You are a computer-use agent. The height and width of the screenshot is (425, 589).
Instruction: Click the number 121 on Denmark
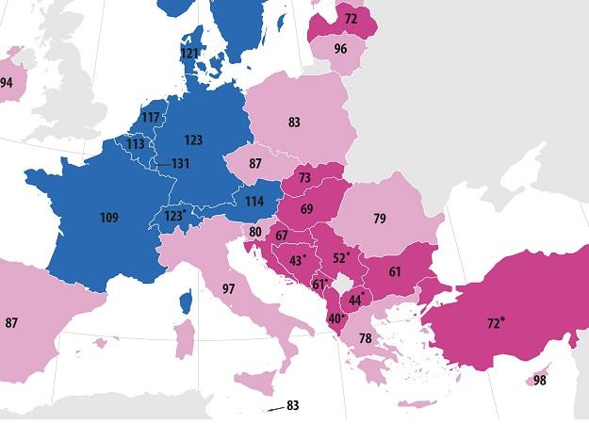pyautogui.click(x=190, y=54)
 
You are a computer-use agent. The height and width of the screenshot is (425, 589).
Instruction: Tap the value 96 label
pyautogui.click(x=340, y=49)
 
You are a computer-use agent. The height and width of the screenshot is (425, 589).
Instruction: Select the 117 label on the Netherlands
pyautogui.click(x=150, y=118)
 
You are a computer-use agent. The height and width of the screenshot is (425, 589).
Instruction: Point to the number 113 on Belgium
pyautogui.click(x=136, y=145)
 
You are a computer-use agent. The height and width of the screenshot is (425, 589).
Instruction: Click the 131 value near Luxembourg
pyautogui.click(x=181, y=163)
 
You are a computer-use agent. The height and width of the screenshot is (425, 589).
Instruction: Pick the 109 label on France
pyautogui.click(x=108, y=218)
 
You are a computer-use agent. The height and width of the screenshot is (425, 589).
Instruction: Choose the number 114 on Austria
pyautogui.click(x=254, y=202)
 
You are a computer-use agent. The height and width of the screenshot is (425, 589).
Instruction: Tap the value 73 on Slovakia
pyautogui.click(x=304, y=177)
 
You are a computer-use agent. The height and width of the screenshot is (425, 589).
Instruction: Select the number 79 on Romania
pyautogui.click(x=379, y=220)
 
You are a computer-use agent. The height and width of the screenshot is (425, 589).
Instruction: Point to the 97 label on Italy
pyautogui.click(x=227, y=287)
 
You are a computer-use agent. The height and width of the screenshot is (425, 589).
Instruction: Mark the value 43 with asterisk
pyautogui.click(x=298, y=259)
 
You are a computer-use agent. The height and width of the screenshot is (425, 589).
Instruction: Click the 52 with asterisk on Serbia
pyautogui.click(x=341, y=257)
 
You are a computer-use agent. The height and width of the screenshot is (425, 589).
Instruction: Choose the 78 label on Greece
pyautogui.click(x=365, y=338)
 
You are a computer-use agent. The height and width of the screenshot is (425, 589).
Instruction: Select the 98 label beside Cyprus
pyautogui.click(x=539, y=380)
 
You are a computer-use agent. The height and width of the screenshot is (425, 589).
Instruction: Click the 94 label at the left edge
pyautogui.click(x=7, y=83)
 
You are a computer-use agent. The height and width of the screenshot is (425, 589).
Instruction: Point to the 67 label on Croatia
pyautogui.click(x=282, y=236)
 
